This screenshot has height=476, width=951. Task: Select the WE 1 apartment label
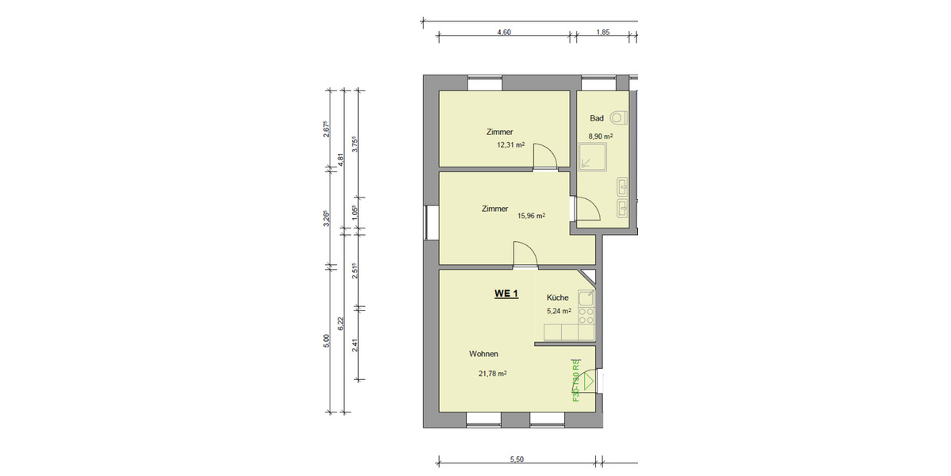click(506, 294)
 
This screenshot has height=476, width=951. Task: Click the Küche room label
click(558, 297)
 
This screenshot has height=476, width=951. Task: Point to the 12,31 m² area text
click(511, 145)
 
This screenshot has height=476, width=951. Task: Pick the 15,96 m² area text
click(530, 215)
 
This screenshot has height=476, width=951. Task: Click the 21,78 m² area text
click(492, 373)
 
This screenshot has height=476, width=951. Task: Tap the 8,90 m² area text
click(600, 136)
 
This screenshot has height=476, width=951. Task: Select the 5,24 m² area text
click(559, 311)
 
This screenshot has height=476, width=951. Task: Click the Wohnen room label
click(483, 355)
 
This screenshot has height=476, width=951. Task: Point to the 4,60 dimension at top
click(503, 33)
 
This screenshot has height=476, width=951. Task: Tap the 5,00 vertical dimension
click(327, 340)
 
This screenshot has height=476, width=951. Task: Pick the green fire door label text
click(576, 381)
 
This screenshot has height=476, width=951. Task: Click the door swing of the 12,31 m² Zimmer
click(544, 156)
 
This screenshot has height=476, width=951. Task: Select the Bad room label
click(597, 118)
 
